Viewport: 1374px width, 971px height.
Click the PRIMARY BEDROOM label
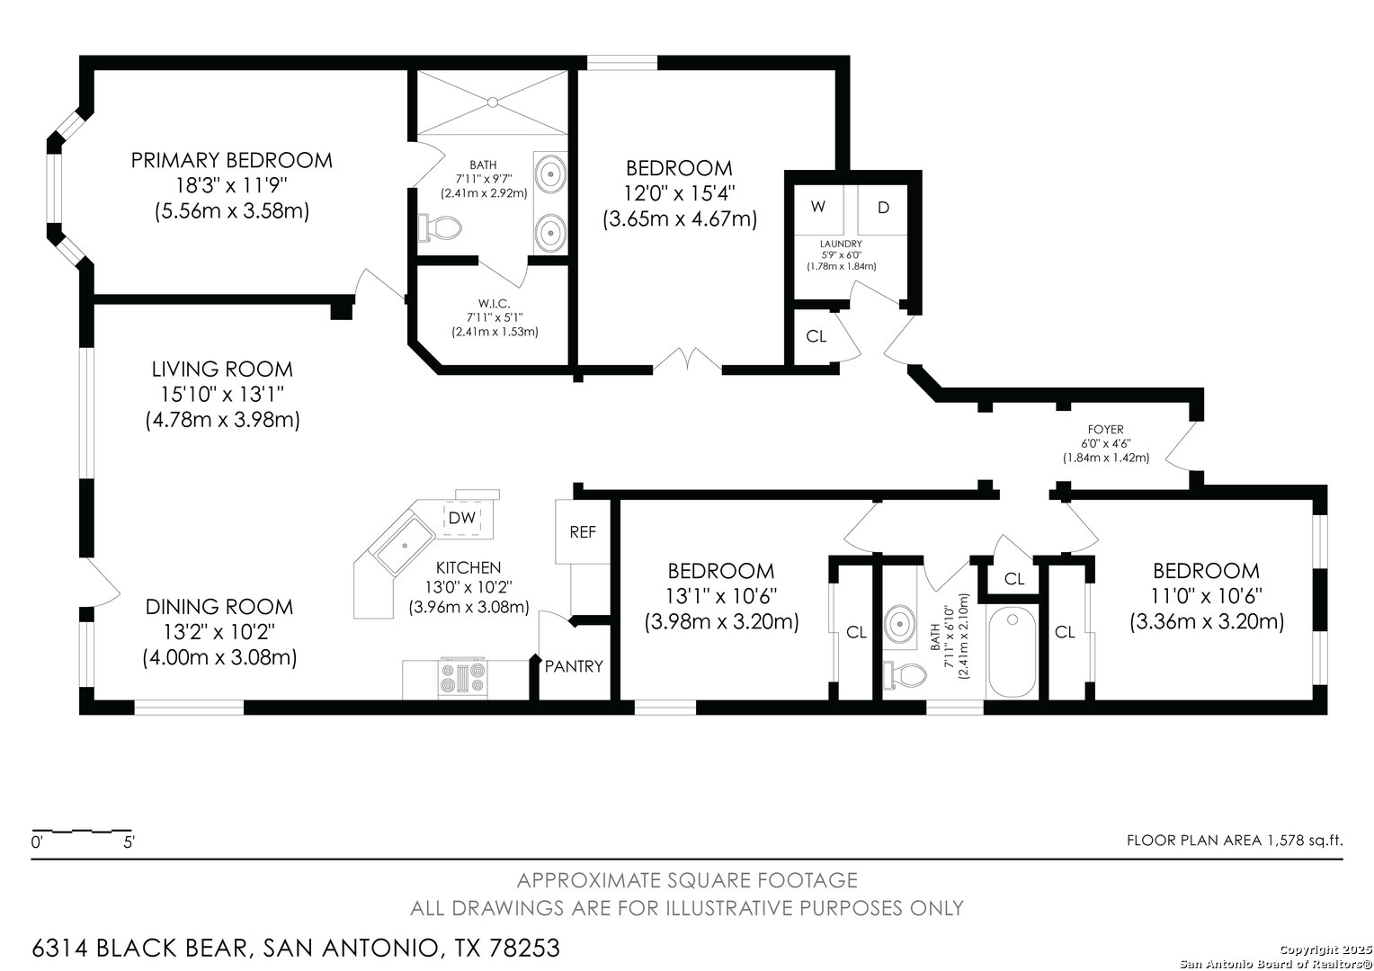point(231,161)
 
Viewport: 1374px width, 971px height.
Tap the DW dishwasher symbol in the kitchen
point(462,518)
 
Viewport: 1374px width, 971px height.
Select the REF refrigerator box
point(582,532)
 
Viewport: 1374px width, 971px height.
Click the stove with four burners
point(463,678)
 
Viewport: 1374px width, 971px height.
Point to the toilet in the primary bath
point(439,228)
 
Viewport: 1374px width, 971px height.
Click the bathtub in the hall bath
point(1013,652)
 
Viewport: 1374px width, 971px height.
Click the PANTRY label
point(574,666)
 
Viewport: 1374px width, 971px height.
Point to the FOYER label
point(1106,430)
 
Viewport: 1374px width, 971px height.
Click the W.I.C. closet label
point(494,304)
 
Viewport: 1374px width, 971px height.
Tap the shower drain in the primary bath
point(493,102)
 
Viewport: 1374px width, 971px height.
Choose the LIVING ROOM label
point(222,370)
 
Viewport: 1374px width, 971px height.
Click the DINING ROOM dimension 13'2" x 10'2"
point(219,632)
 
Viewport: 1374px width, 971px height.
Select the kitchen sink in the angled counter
point(405,546)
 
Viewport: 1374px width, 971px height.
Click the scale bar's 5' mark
point(129,842)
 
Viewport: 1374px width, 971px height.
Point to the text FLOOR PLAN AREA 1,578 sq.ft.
point(1234,841)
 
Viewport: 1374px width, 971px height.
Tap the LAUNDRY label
point(841,245)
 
